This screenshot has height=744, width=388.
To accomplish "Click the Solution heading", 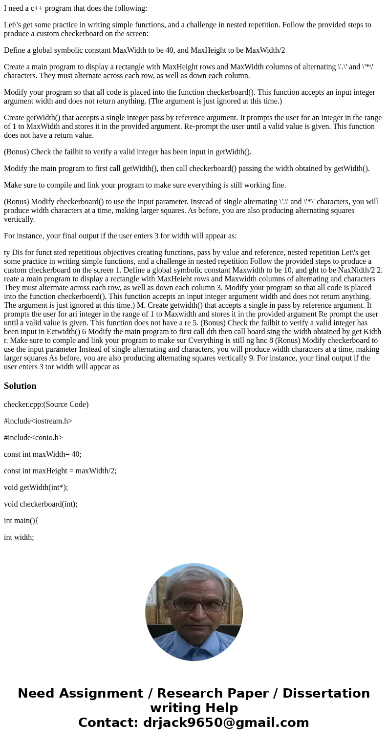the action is (x=20, y=386).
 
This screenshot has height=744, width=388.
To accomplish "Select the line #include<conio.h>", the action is (x=33, y=438).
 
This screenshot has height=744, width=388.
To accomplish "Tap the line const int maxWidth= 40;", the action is (x=43, y=454).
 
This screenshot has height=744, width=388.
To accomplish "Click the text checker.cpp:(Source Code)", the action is (x=46, y=404).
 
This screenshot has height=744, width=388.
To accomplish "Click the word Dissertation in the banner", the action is (x=326, y=694).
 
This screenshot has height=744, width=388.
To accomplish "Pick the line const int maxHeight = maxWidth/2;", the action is (x=60, y=471).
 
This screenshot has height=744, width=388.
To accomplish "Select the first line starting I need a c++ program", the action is (x=75, y=8).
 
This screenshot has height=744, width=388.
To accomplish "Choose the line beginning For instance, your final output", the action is (x=120, y=236).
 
